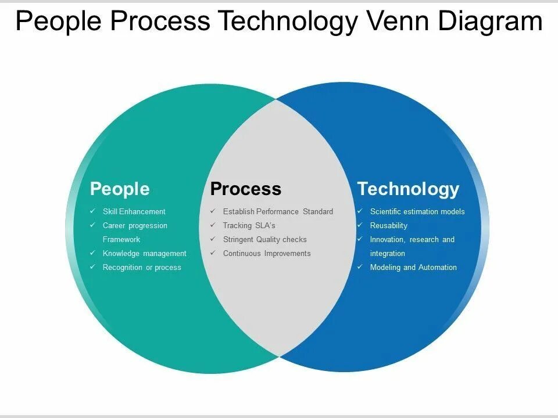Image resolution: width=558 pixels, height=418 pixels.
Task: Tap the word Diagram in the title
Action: click(491, 21)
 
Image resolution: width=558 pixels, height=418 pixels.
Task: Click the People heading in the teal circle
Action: click(120, 189)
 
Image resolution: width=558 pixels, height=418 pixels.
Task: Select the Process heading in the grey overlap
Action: click(245, 189)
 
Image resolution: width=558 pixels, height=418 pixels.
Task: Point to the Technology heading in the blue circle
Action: click(408, 189)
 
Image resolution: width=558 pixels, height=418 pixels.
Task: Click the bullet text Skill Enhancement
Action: click(134, 212)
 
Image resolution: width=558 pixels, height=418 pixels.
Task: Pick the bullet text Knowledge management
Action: click(144, 254)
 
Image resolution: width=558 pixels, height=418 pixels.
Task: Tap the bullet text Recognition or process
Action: click(142, 268)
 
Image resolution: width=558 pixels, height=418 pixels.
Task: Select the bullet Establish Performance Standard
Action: click(278, 212)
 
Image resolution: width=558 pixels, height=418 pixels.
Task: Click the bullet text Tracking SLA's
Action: click(249, 226)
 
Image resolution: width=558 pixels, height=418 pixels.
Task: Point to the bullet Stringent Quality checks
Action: click(264, 240)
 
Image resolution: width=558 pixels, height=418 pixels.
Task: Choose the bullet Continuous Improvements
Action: click(267, 254)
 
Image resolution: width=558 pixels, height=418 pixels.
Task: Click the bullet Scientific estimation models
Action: click(417, 212)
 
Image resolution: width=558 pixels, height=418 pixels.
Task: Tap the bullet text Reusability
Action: click(388, 226)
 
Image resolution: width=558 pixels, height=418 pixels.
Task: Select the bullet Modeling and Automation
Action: click(413, 268)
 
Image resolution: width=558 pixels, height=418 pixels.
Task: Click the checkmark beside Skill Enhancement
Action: click(92, 211)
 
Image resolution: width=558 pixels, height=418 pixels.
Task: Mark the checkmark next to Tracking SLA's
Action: click(213, 225)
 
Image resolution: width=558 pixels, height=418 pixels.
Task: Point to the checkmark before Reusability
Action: click(360, 225)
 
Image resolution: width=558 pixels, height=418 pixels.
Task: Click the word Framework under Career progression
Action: click(121, 240)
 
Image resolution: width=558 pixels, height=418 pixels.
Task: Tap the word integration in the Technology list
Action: click(387, 254)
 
